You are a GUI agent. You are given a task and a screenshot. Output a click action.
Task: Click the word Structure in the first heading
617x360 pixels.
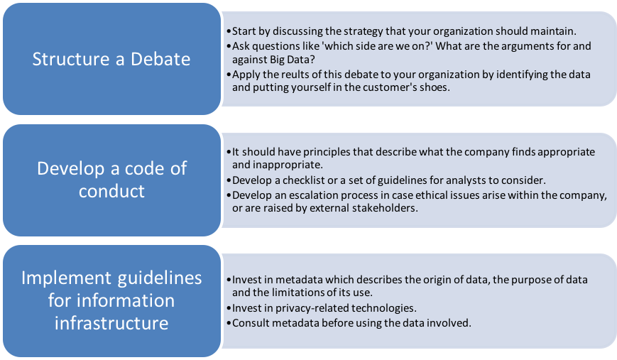click(71, 59)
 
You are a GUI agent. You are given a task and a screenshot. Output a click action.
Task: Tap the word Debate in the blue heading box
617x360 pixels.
click(160, 59)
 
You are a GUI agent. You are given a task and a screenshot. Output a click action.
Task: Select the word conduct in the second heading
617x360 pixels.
click(111, 191)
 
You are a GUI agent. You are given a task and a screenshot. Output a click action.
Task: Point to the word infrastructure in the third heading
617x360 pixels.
click(111, 323)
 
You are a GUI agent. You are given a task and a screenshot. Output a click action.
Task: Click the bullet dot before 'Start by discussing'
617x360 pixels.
click(229, 31)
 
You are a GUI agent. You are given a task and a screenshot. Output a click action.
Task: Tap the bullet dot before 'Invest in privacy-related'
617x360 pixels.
click(229, 308)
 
